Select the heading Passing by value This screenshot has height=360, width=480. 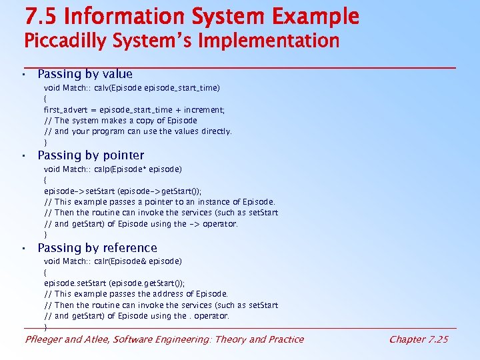[x=85, y=74]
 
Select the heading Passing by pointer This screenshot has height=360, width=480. [x=91, y=155]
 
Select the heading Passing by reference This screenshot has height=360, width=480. [x=97, y=248]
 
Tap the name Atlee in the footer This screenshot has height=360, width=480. [x=98, y=339]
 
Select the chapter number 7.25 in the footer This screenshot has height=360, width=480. [x=437, y=339]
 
